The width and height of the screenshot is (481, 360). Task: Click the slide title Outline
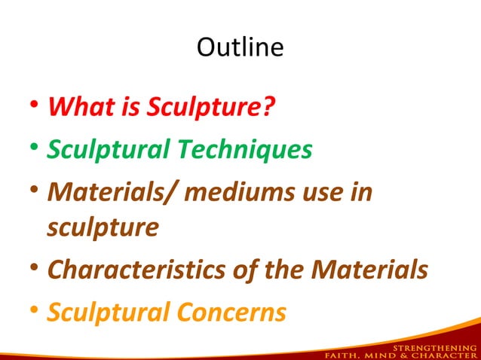click(x=240, y=47)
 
